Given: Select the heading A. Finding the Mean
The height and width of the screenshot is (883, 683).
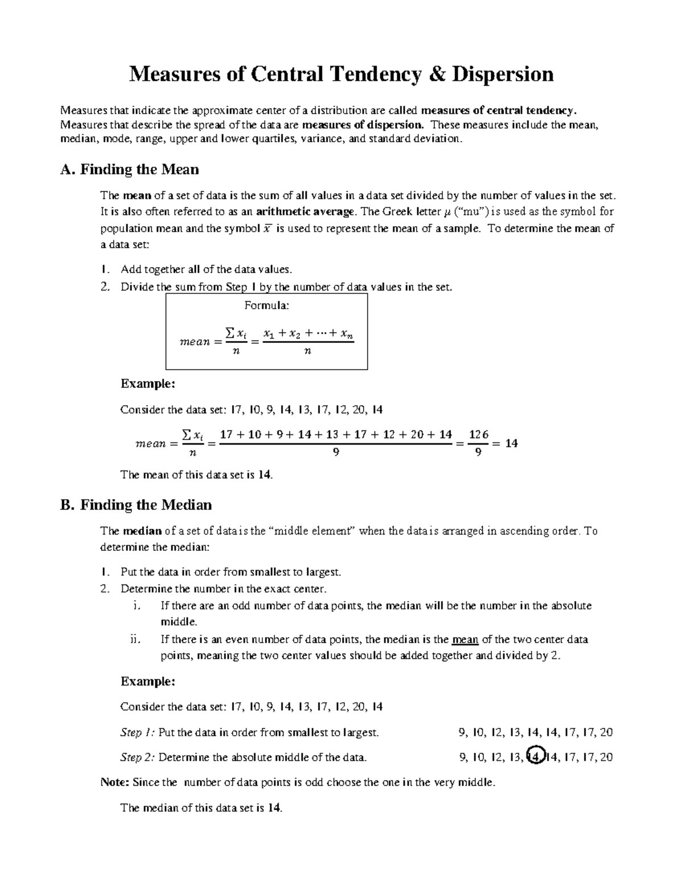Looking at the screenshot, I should [129, 169].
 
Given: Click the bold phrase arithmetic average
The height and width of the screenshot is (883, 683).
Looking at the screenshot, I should [306, 212].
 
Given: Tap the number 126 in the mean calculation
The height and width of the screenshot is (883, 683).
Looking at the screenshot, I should [478, 434].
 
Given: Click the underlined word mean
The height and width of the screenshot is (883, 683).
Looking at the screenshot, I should [464, 639].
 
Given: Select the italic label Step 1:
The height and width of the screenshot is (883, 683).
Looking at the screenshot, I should [138, 732].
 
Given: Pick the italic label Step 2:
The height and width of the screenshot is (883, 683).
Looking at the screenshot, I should [138, 757].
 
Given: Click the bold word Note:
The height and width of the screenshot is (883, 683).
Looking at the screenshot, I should [115, 782].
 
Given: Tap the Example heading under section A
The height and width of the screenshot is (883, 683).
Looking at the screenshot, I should [147, 384].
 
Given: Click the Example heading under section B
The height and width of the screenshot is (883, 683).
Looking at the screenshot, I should [147, 681].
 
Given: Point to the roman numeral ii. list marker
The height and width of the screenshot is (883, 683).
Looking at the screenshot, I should [135, 639].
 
